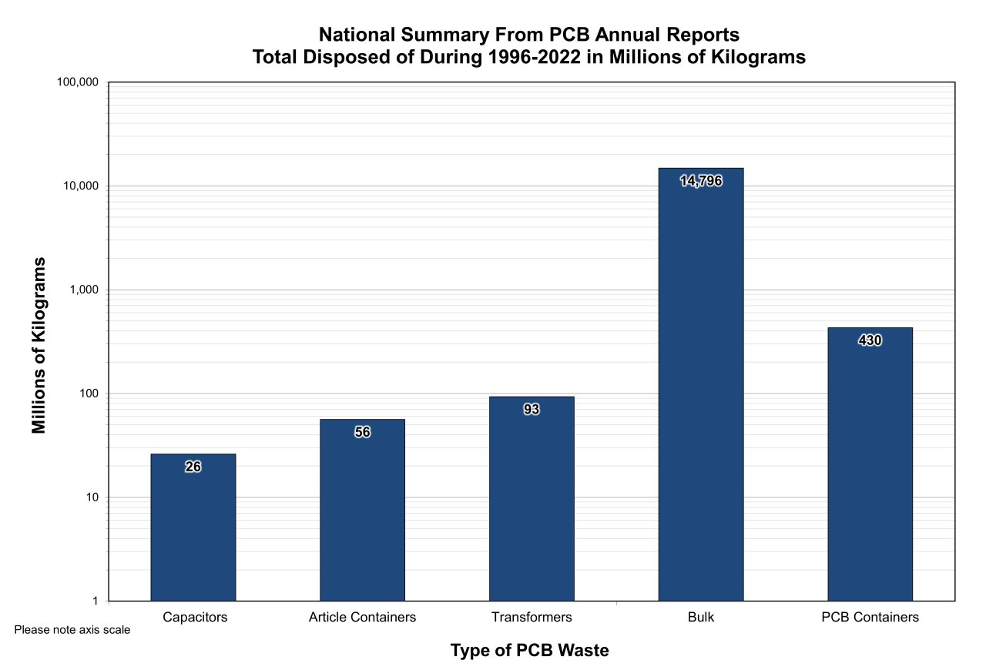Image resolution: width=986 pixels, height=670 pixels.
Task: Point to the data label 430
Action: pos(870,340)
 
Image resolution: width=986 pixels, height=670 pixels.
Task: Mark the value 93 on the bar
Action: pos(532,410)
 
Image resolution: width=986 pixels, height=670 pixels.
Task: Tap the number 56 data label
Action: pos(362,433)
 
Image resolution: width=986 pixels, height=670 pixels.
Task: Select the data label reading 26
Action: pos(193,467)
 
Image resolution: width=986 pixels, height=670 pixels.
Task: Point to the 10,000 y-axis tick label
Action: pos(81,186)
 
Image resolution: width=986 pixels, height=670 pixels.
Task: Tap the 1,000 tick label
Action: pos(84,290)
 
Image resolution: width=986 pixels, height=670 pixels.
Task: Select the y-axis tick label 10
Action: pos(93,497)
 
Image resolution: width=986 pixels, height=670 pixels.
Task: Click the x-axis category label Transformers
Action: pos(532,618)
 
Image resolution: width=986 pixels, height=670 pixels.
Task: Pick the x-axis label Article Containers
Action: pos(362,618)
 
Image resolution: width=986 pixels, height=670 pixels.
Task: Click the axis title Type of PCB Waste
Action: pos(529,651)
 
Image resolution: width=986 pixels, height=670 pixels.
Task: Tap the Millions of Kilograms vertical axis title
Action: pos(39,345)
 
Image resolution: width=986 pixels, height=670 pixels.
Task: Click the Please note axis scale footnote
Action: pos(72,630)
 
